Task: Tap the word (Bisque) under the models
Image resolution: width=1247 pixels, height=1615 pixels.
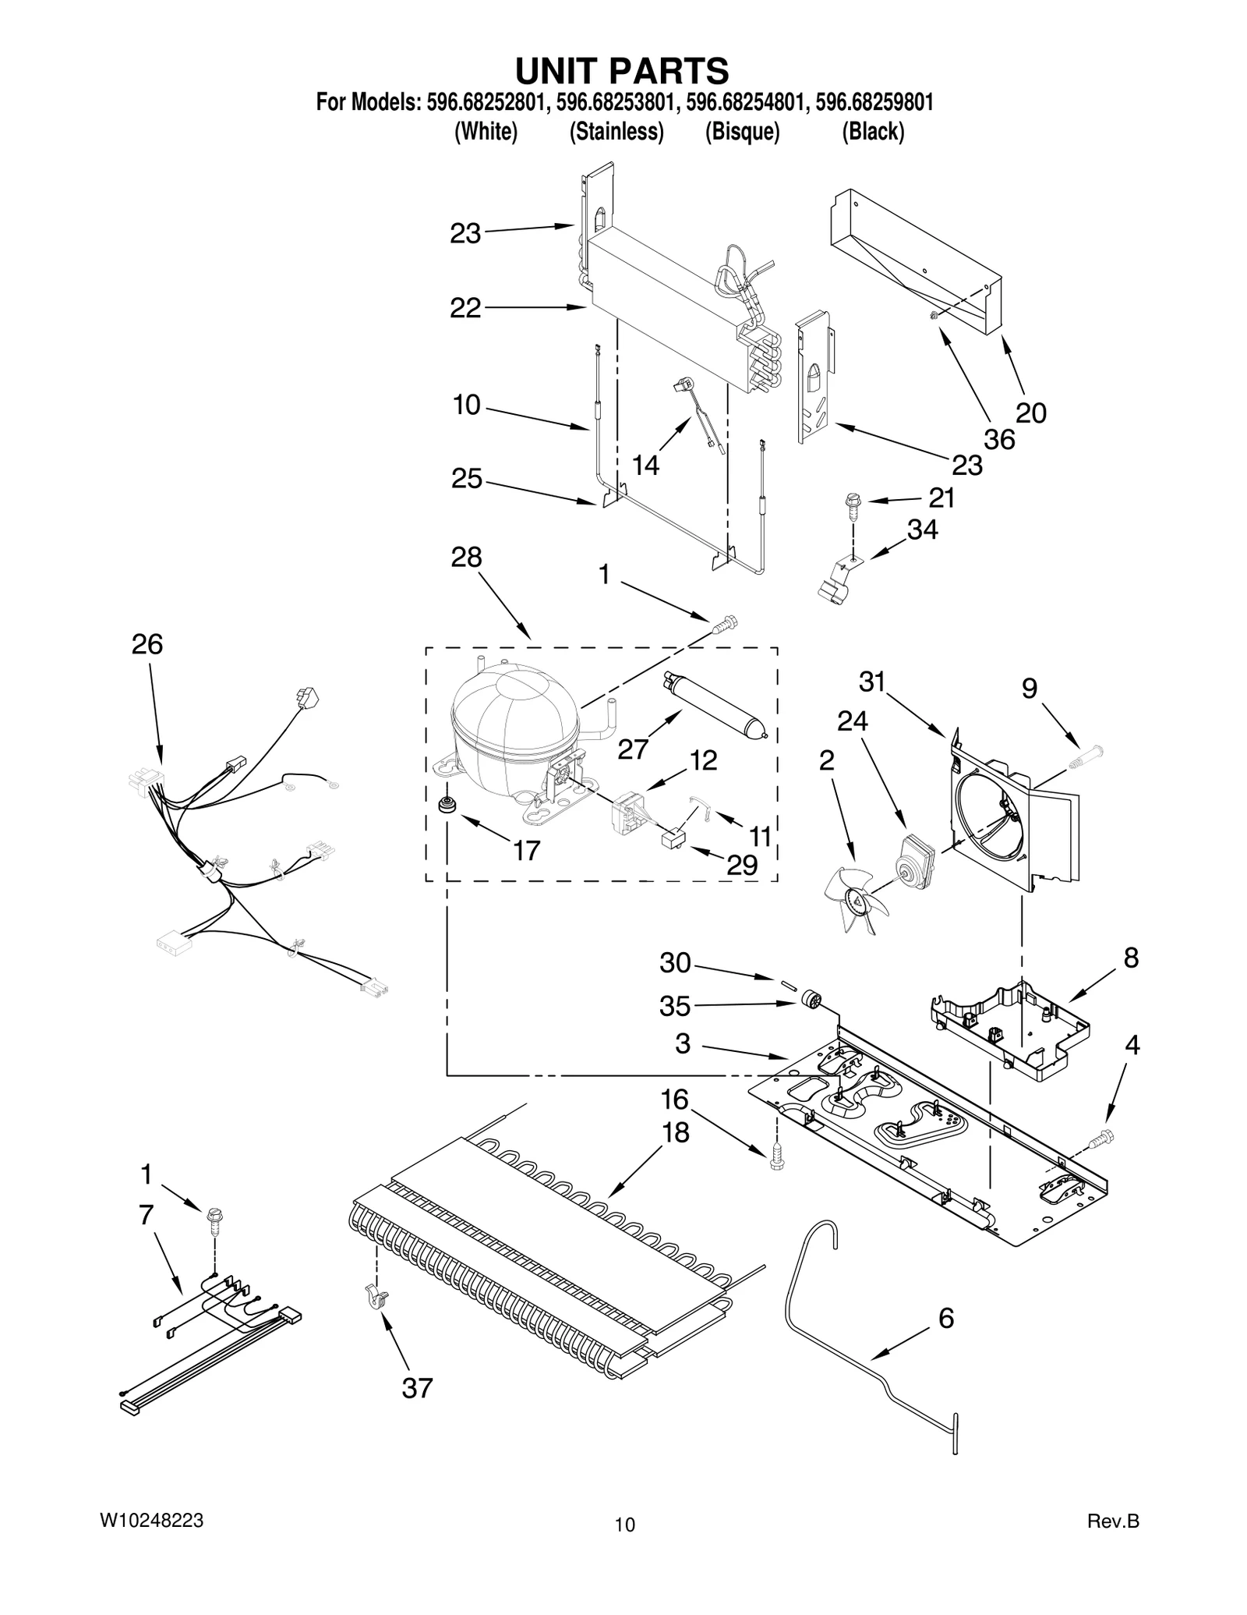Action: tap(742, 132)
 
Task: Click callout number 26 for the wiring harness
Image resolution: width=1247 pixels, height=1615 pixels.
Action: tap(147, 644)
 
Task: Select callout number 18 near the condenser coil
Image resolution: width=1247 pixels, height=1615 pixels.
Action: tap(676, 1132)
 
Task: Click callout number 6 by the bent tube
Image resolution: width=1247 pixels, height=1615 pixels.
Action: tap(945, 1318)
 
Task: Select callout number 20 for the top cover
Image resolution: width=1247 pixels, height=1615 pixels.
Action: tap(1030, 413)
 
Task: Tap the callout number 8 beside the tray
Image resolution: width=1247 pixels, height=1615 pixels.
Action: tap(1130, 958)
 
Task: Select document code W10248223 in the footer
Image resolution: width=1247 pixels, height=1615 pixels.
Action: tap(152, 1520)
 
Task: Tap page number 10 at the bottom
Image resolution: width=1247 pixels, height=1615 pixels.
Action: tap(624, 1525)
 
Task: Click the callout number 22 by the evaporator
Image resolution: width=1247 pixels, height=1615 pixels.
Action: tap(465, 308)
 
